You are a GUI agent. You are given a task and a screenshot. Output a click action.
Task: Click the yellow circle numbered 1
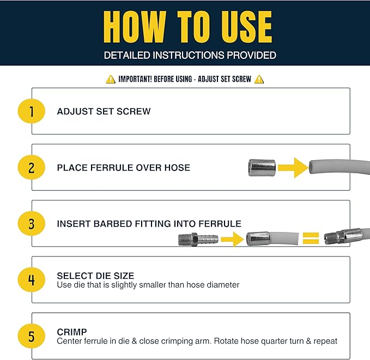coord(32,111)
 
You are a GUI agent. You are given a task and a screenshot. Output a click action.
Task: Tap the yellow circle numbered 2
coord(32,167)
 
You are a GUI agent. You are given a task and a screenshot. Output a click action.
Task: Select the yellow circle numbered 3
coord(32,223)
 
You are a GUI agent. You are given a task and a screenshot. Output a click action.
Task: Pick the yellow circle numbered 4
coord(32,279)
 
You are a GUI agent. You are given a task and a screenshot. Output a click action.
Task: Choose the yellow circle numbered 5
coord(32,336)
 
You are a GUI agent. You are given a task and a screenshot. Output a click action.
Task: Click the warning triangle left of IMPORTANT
coord(111,80)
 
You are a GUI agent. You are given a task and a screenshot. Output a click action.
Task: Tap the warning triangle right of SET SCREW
coord(259,80)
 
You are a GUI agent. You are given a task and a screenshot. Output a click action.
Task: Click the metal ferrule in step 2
coord(262,168)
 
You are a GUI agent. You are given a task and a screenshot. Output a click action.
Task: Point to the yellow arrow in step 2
coord(293,168)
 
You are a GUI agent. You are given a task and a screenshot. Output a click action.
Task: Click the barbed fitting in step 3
coord(198,240)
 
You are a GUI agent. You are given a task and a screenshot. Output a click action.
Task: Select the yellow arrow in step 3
coord(232,239)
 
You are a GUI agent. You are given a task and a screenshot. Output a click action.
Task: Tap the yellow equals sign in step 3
coord(311,238)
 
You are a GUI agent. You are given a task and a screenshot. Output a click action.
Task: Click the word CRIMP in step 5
coord(72,332)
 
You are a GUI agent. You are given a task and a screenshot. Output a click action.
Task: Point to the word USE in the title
coord(247,27)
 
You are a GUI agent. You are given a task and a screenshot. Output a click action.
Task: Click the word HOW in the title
coord(134,27)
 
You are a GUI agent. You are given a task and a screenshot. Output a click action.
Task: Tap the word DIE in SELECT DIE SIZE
coord(103,276)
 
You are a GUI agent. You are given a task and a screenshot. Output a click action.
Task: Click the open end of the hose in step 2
coord(312,167)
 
